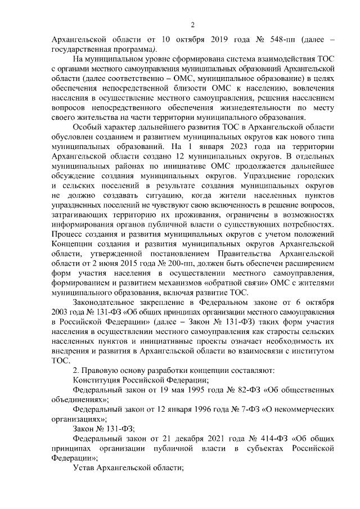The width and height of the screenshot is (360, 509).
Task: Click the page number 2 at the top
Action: (x=192, y=25)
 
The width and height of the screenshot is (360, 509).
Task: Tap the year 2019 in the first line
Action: (x=206, y=40)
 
